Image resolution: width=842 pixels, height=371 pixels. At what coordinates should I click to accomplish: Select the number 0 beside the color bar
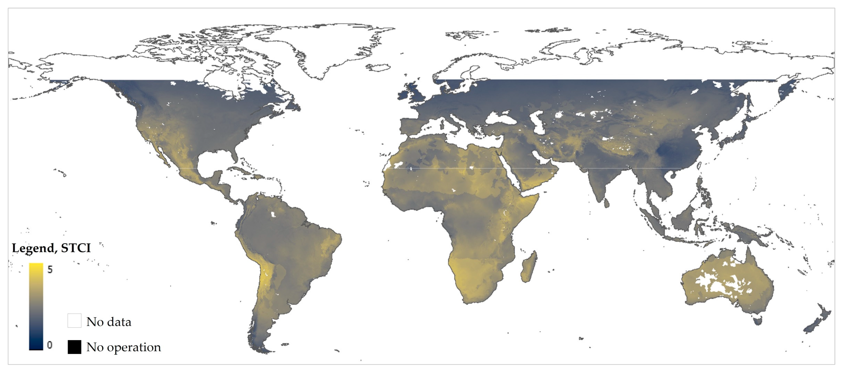50,345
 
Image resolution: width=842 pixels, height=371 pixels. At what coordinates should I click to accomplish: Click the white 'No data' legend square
75,321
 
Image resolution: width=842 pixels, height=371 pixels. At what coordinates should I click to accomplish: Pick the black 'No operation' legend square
75,347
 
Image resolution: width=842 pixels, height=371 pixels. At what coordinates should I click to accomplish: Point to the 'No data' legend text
109,322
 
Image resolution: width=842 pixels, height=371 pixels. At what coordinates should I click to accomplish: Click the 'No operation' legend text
123,347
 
